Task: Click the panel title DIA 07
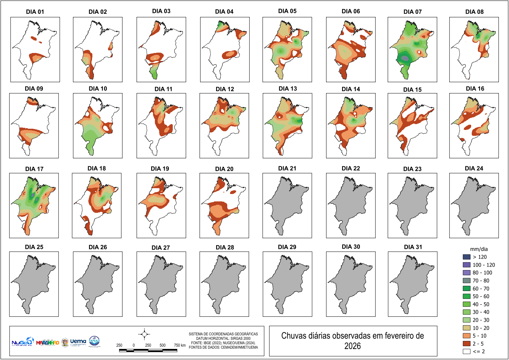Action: point(412,12)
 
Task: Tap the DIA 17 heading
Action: point(34,169)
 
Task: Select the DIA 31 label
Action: point(413,247)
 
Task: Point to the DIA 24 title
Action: point(474,168)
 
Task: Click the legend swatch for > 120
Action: point(467,257)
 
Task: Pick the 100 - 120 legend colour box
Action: point(467,265)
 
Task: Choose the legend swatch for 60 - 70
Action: point(467,289)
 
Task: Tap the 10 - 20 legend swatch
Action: point(467,328)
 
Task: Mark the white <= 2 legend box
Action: point(467,351)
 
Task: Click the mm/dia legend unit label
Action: point(479,249)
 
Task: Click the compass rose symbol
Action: point(144,334)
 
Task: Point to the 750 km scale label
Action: point(180,345)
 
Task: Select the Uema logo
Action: point(78,342)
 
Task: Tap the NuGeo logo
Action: point(22,342)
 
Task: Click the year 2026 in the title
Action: point(353,346)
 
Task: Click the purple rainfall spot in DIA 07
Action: point(406,58)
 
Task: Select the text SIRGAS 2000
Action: point(240,338)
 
